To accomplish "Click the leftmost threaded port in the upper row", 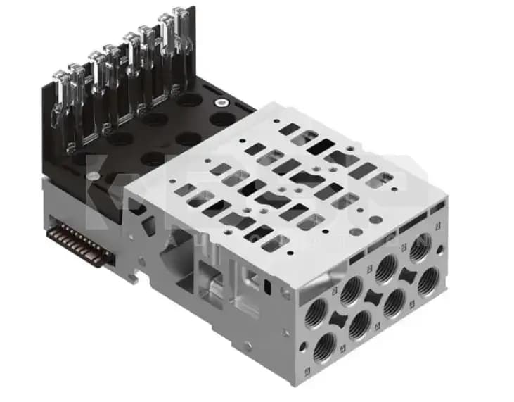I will coord(314,308).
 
